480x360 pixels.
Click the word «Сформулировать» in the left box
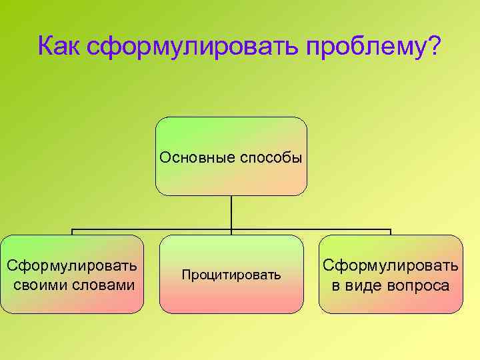tap(72, 266)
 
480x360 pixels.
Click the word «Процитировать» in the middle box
tap(231, 275)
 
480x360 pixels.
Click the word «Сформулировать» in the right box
tap(391, 266)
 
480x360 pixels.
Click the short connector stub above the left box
tap(72, 232)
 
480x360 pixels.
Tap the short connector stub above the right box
tap(391, 232)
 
